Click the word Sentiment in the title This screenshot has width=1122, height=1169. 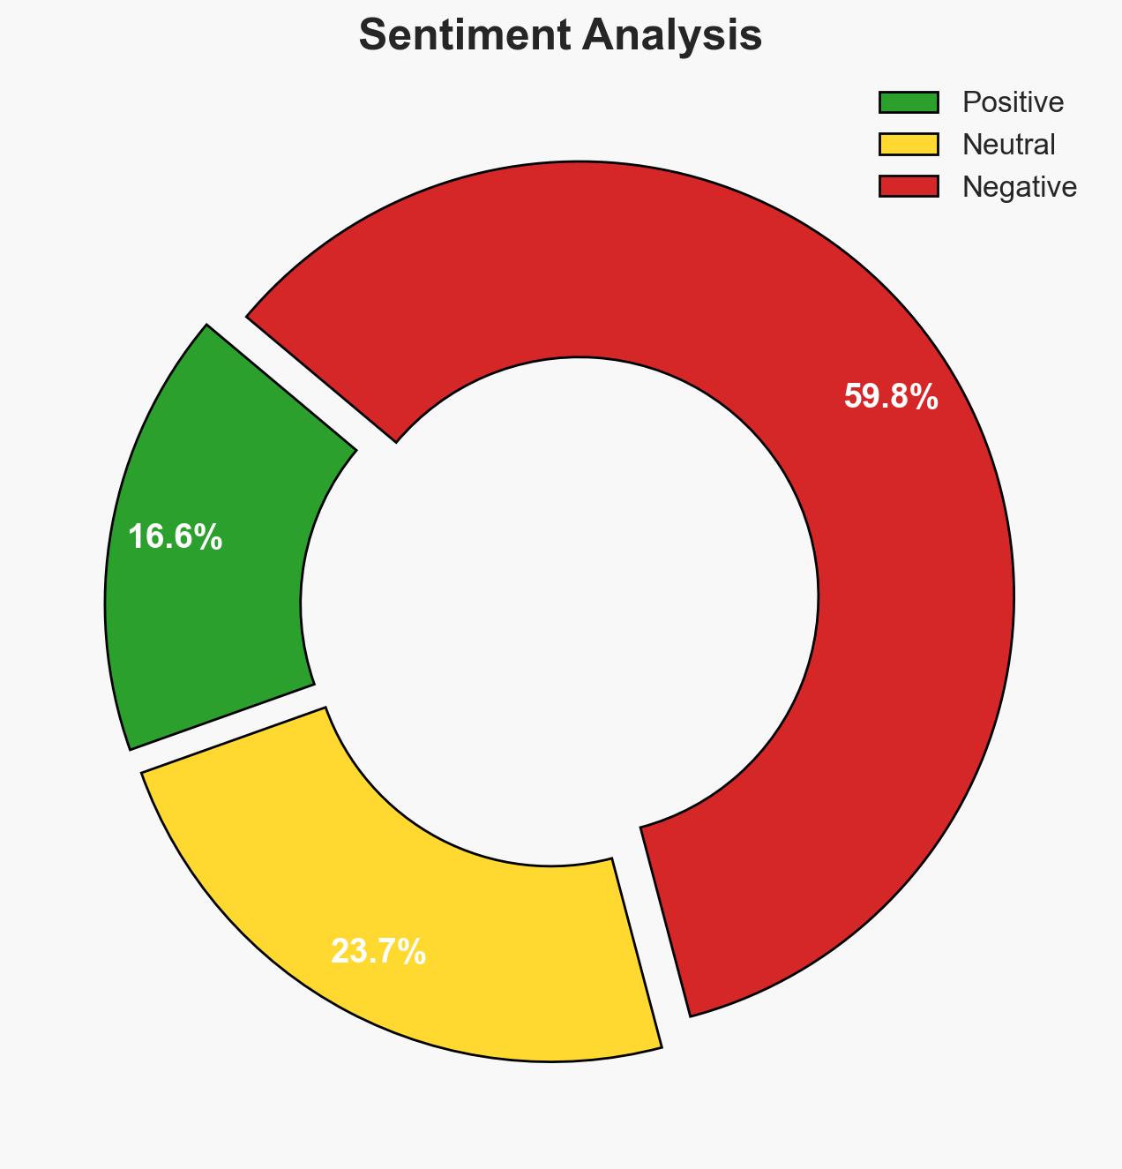(457, 36)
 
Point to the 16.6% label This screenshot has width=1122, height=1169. (175, 536)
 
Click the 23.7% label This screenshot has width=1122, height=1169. (378, 952)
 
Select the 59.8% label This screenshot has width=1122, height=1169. (890, 397)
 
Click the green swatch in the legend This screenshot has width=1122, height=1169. (908, 102)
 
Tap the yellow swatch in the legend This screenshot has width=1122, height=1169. (908, 144)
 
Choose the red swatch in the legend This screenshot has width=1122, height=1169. (908, 186)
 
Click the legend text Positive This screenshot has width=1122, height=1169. (1013, 102)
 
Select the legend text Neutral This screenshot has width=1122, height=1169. (1008, 144)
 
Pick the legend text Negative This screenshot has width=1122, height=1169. (1019, 186)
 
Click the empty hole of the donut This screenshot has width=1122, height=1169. (561, 609)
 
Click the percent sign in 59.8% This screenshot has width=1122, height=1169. (925, 397)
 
